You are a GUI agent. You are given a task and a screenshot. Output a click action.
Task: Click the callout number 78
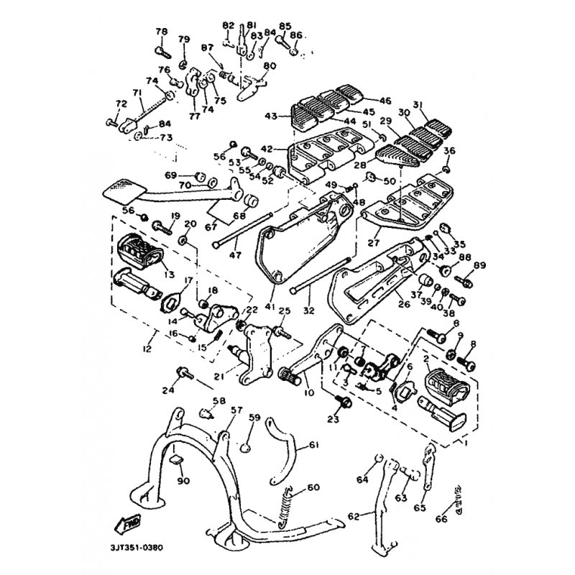[161, 32]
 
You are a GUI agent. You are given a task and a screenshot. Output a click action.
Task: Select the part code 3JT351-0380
[137, 548]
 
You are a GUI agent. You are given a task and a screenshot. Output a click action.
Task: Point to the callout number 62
[353, 515]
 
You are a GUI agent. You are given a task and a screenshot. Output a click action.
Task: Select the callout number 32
[309, 311]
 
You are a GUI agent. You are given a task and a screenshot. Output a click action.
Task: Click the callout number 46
[385, 101]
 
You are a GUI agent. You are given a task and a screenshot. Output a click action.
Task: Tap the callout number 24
[168, 391]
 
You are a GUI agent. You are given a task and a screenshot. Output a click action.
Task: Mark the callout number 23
[332, 419]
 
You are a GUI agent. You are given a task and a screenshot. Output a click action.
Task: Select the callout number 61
[313, 445]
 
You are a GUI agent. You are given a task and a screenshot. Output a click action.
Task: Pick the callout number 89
[479, 266]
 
